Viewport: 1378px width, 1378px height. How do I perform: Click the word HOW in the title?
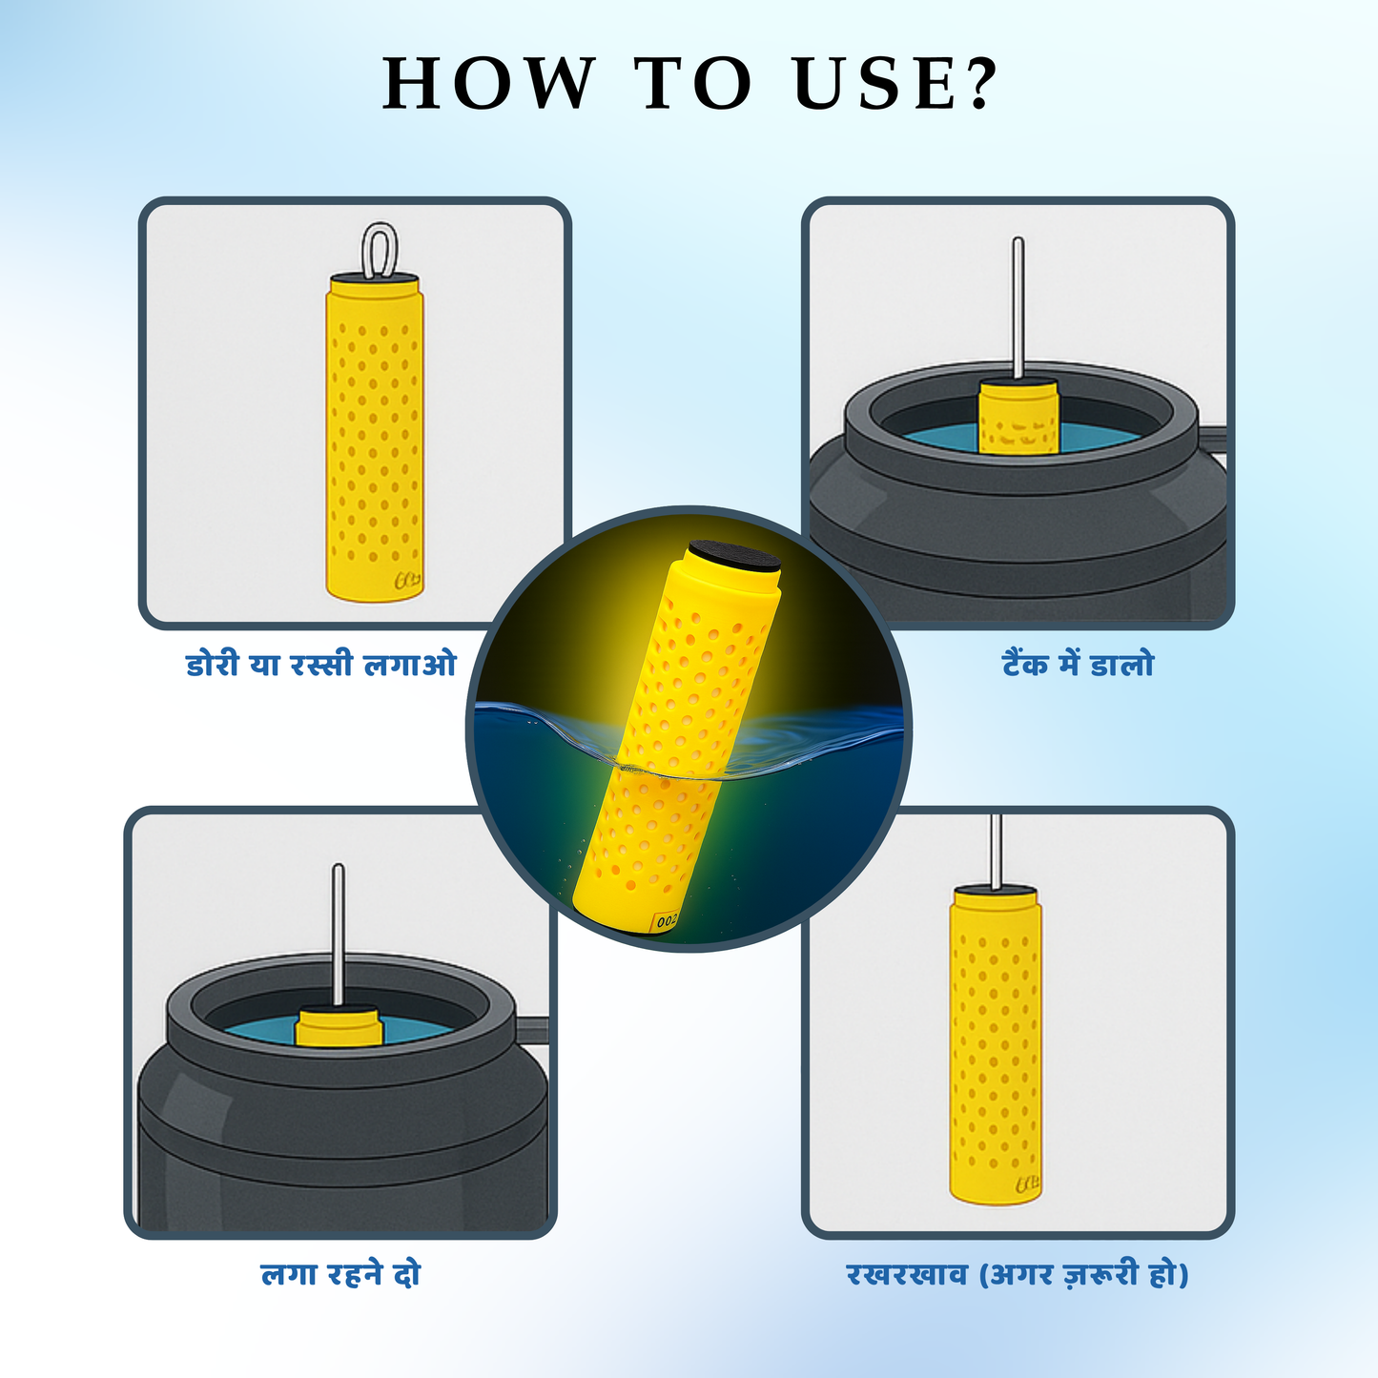click(488, 83)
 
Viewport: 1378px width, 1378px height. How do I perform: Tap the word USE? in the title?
click(896, 83)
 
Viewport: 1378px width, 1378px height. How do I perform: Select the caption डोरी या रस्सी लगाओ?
click(321, 665)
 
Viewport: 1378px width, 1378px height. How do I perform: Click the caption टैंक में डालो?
click(1078, 665)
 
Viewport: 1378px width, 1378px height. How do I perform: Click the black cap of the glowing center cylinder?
click(733, 556)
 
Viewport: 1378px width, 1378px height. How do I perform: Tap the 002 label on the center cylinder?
click(665, 922)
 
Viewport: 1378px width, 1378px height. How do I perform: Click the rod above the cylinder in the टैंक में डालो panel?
click(1018, 308)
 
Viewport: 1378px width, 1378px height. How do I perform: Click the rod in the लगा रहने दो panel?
click(339, 936)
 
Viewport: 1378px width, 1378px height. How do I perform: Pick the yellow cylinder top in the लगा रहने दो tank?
click(339, 1027)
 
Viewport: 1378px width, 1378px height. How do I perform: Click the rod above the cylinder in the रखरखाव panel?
click(996, 852)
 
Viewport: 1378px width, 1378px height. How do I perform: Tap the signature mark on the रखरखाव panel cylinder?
click(1028, 1185)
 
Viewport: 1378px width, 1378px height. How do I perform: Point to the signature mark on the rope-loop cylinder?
click(407, 581)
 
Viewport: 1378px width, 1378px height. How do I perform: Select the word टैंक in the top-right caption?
click(1025, 665)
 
